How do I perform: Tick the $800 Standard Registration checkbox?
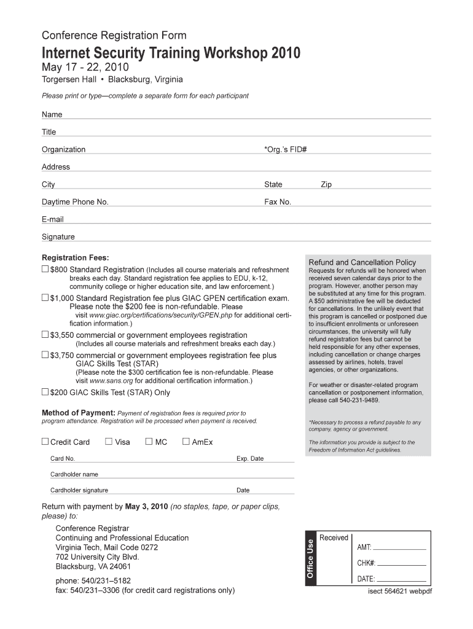(45, 270)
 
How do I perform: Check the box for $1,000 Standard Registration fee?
(45, 298)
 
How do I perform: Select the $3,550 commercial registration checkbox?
(45, 335)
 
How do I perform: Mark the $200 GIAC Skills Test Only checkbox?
(45, 392)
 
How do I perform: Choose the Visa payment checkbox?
(109, 441)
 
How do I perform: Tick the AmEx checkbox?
(186, 441)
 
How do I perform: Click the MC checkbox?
(149, 441)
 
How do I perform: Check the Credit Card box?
(45, 441)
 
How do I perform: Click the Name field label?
(52, 115)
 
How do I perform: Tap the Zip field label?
(326, 184)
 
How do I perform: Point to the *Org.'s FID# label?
(285, 149)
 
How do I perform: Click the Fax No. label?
(278, 202)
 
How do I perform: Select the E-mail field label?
(52, 219)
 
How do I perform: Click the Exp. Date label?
(250, 459)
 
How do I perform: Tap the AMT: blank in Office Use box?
(399, 547)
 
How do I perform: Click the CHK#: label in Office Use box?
(366, 563)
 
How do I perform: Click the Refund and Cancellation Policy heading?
(362, 262)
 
